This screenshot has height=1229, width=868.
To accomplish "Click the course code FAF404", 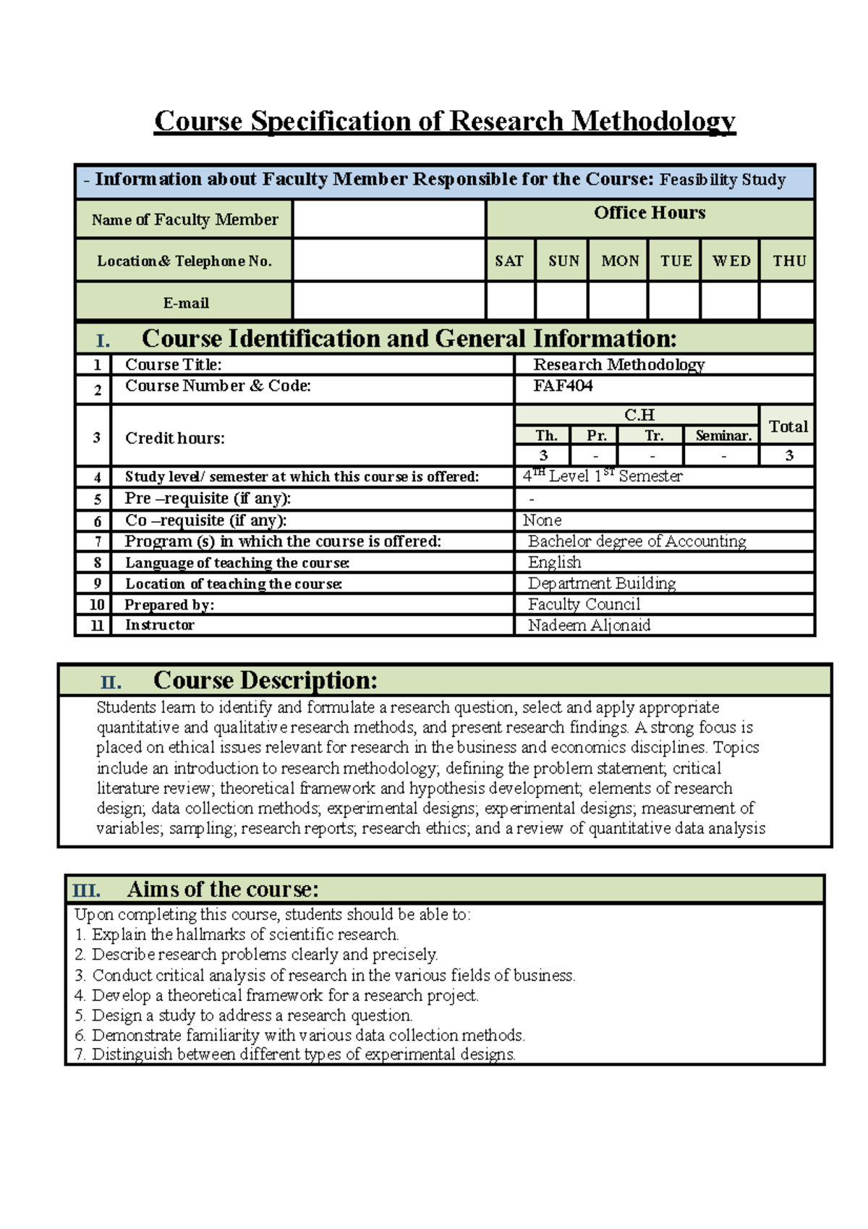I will [563, 387].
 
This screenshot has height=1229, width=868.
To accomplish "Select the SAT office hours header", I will [509, 261].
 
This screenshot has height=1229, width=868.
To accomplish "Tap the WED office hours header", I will [731, 261].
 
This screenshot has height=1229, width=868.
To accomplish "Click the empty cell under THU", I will [787, 300].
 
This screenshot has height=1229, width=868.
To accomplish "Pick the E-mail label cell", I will [185, 303].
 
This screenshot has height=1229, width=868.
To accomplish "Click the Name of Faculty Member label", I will [184, 219].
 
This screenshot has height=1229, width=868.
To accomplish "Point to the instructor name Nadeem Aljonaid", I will [589, 625].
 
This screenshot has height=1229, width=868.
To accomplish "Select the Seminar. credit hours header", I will [723, 436].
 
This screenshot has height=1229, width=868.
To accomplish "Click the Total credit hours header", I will [788, 426].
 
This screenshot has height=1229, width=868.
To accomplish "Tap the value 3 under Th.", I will [543, 455].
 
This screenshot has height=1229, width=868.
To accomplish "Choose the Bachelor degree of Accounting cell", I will [637, 541].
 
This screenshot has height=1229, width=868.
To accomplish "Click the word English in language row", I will [554, 562].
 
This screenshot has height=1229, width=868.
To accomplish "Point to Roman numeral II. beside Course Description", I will [111, 682].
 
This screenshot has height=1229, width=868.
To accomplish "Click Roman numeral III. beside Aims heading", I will [86, 890].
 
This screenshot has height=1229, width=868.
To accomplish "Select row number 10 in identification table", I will [96, 604].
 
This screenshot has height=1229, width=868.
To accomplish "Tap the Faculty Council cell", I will [584, 604].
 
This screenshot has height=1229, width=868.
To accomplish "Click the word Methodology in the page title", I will [653, 121].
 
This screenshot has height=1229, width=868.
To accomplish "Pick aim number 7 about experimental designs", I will [295, 1055].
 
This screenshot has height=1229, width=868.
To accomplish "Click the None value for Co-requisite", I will [542, 520].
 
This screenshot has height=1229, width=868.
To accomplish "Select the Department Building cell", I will [602, 583].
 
